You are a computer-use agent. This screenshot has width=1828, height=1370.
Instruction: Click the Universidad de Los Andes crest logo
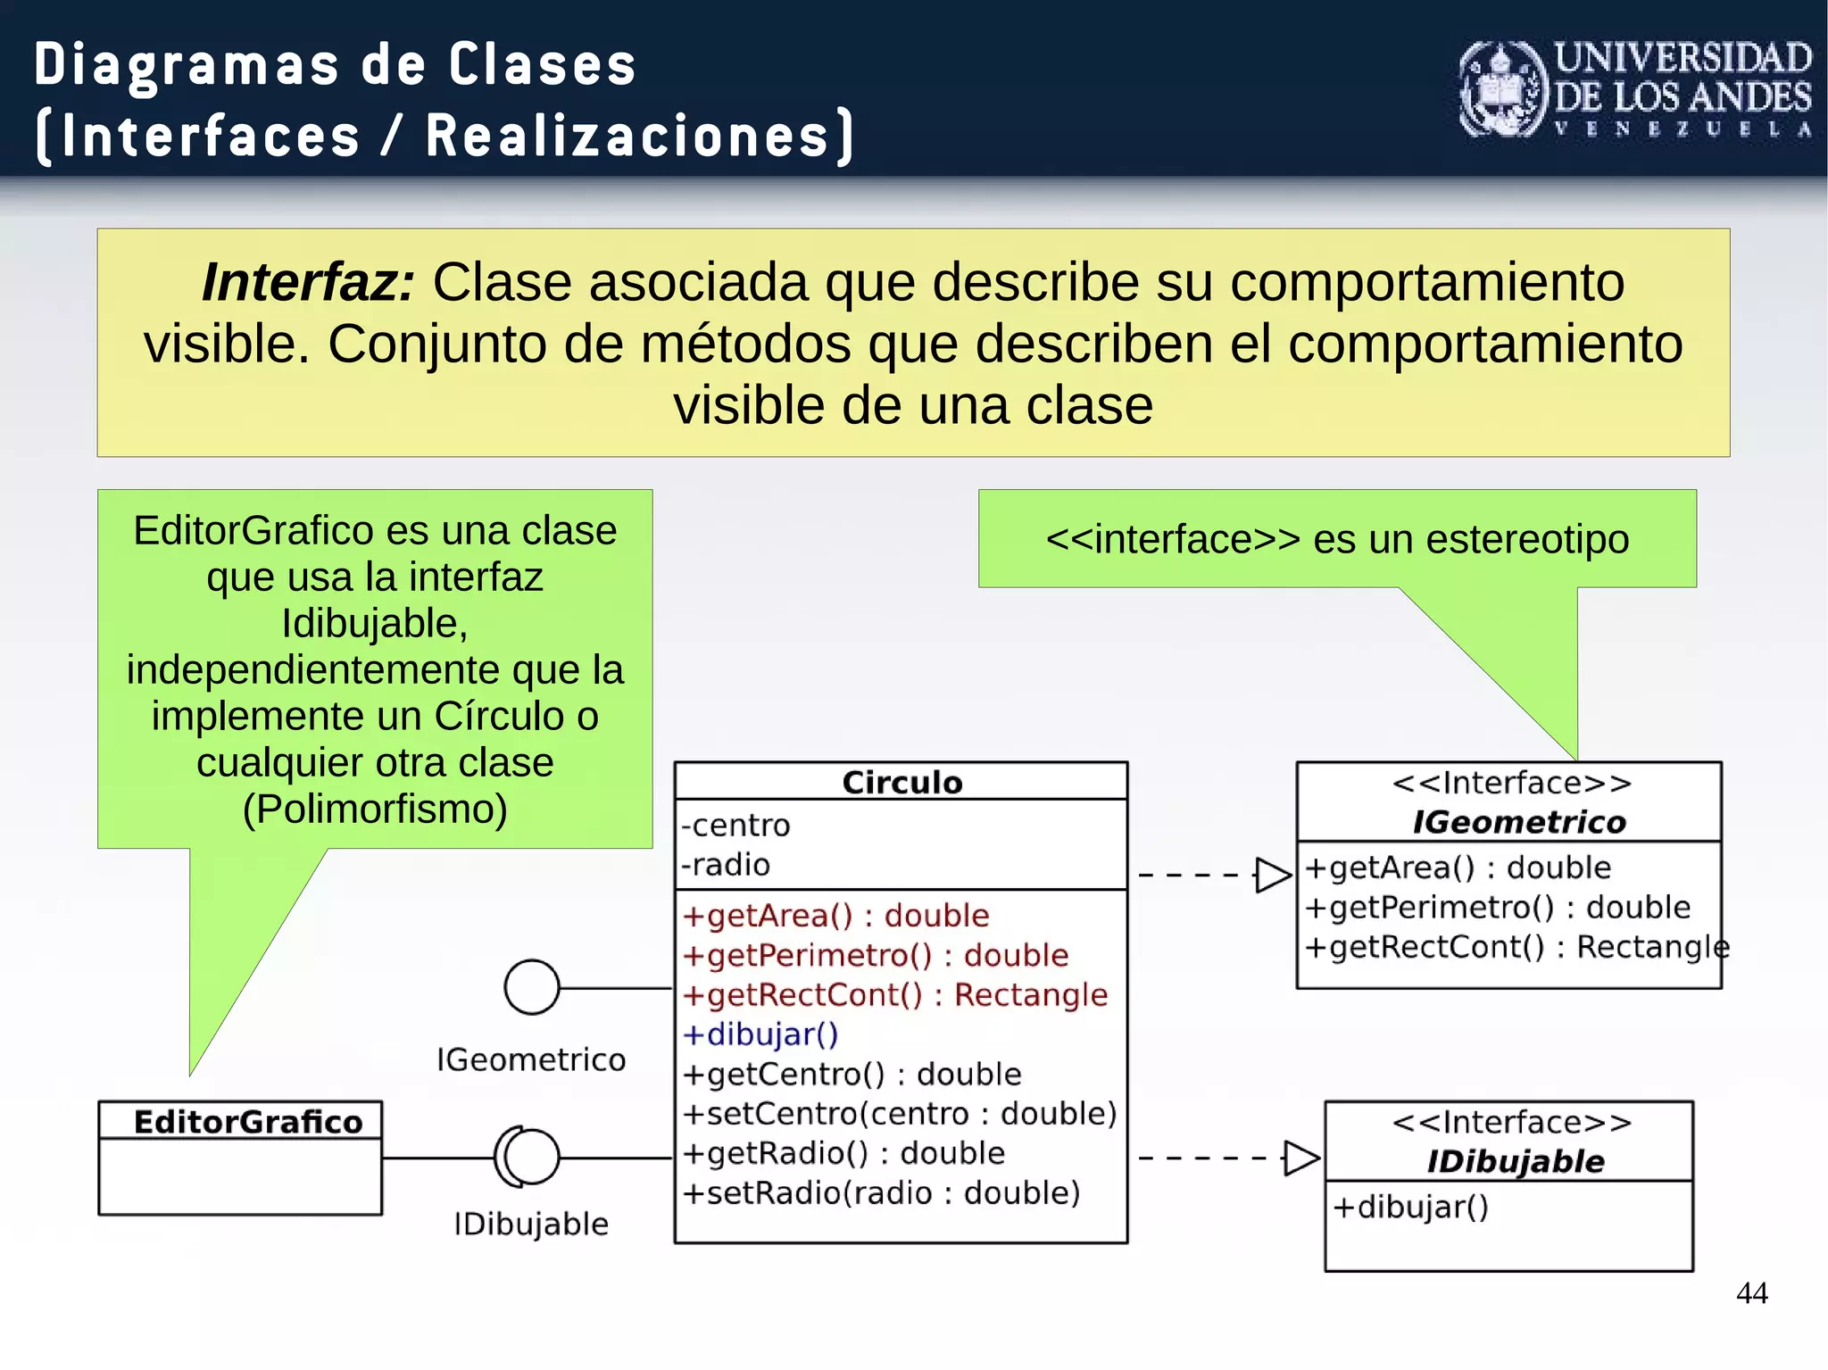(x=1503, y=90)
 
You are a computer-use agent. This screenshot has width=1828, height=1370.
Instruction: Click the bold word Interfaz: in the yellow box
(x=308, y=282)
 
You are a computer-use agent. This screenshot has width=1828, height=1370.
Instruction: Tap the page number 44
(x=1751, y=1292)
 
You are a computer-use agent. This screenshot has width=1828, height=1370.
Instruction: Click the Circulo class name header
(x=902, y=782)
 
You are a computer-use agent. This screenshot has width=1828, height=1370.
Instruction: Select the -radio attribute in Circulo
(x=725, y=864)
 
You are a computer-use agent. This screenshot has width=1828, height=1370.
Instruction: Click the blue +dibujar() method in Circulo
(x=760, y=1034)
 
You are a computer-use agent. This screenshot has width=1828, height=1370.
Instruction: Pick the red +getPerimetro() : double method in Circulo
(x=875, y=955)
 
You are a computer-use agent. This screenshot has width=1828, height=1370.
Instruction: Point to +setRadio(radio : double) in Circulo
(x=880, y=1192)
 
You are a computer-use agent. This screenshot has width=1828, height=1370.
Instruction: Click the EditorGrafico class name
(x=247, y=1121)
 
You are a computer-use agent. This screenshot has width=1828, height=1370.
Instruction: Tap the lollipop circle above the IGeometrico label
(x=532, y=987)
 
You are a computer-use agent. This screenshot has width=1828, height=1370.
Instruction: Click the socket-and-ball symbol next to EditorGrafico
(x=527, y=1157)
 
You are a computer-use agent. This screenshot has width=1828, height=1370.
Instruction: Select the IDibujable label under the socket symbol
(x=530, y=1224)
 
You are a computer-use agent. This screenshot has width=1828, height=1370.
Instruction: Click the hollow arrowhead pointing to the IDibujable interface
(x=1300, y=1158)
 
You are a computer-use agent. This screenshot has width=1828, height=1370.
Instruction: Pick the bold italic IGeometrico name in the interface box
(x=1518, y=822)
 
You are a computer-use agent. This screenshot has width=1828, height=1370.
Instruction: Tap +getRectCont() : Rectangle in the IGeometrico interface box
(x=1516, y=946)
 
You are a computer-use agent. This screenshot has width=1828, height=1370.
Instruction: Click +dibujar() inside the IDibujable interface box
(x=1410, y=1207)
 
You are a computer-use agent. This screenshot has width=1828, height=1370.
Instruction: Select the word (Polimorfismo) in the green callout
(x=375, y=809)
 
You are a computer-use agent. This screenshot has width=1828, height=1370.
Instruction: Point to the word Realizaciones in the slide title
(x=627, y=136)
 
